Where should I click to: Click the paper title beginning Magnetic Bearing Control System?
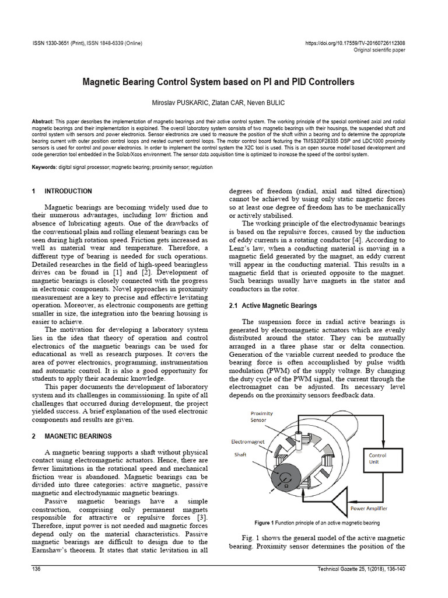point(224,82)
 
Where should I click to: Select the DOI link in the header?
point(355,43)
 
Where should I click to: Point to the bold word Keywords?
point(44,167)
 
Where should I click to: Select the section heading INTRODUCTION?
point(68,191)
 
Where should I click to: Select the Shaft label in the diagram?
point(241,455)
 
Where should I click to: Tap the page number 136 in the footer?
point(35,569)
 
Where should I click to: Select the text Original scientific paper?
point(380,50)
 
